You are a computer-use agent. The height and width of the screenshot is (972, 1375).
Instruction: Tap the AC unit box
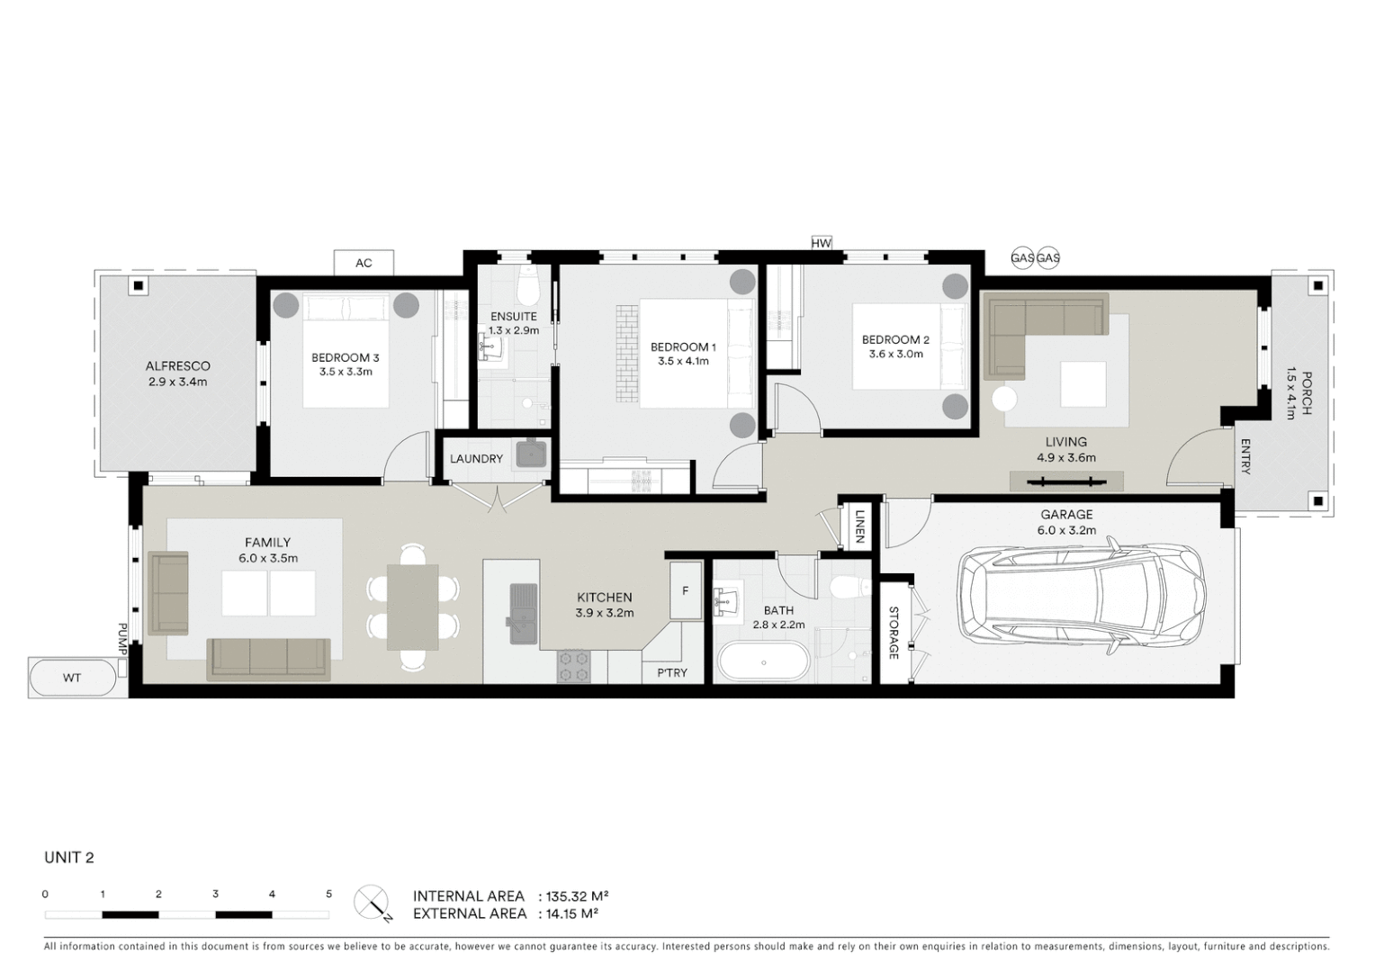(364, 263)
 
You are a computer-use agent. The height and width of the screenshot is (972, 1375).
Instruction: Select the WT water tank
(73, 678)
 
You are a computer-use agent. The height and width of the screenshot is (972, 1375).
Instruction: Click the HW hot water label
(821, 243)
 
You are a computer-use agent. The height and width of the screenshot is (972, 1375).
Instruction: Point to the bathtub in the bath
(763, 662)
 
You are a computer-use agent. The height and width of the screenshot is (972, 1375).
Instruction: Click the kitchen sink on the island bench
(523, 614)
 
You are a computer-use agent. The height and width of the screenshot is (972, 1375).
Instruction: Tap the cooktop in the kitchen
(573, 666)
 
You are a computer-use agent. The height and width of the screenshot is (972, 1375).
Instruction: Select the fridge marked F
(685, 590)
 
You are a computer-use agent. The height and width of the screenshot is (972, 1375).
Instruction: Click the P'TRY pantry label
(671, 672)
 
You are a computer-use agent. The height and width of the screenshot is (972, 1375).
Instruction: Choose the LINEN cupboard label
(859, 526)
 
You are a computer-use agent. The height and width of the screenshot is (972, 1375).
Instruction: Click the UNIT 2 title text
(69, 858)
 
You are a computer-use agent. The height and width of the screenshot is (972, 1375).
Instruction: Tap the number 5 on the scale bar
(328, 894)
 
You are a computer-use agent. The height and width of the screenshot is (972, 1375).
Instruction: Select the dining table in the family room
(413, 607)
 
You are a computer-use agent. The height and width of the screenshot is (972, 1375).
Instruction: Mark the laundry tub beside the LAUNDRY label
(531, 454)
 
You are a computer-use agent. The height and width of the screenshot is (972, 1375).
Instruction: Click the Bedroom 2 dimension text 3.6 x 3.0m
(895, 354)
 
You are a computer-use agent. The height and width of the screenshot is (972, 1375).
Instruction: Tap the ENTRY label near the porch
(1245, 456)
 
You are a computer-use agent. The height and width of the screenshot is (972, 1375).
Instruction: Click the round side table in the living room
(1004, 398)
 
